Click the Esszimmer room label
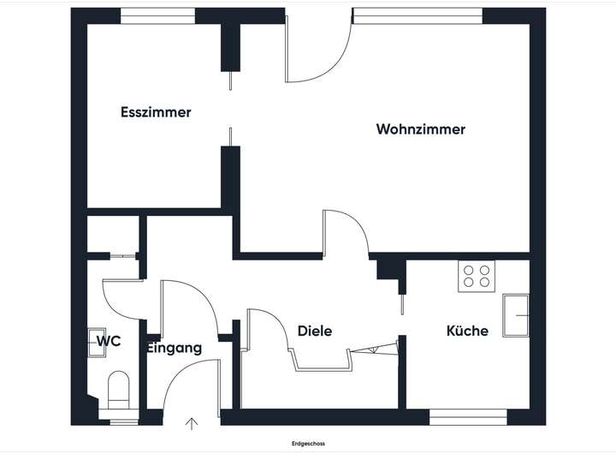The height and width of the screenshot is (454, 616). coord(156,112)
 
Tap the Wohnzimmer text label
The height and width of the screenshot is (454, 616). coord(420,129)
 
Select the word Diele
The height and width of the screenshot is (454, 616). coord(314,332)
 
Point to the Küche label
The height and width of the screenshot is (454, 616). coord(467,331)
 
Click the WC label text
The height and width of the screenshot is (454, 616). coord(109,341)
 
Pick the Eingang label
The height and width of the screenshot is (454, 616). coord(175,348)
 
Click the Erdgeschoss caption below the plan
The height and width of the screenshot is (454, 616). coord(308,444)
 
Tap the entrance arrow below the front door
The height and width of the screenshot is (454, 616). coord(191,422)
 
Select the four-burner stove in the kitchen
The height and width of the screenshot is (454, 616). coord(477,276)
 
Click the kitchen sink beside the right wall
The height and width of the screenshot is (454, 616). coord(516,314)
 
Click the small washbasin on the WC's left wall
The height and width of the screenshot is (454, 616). coord(93,341)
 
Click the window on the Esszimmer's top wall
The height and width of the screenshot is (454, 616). coord(157,15)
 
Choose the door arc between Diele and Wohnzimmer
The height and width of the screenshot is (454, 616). coord(346,231)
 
